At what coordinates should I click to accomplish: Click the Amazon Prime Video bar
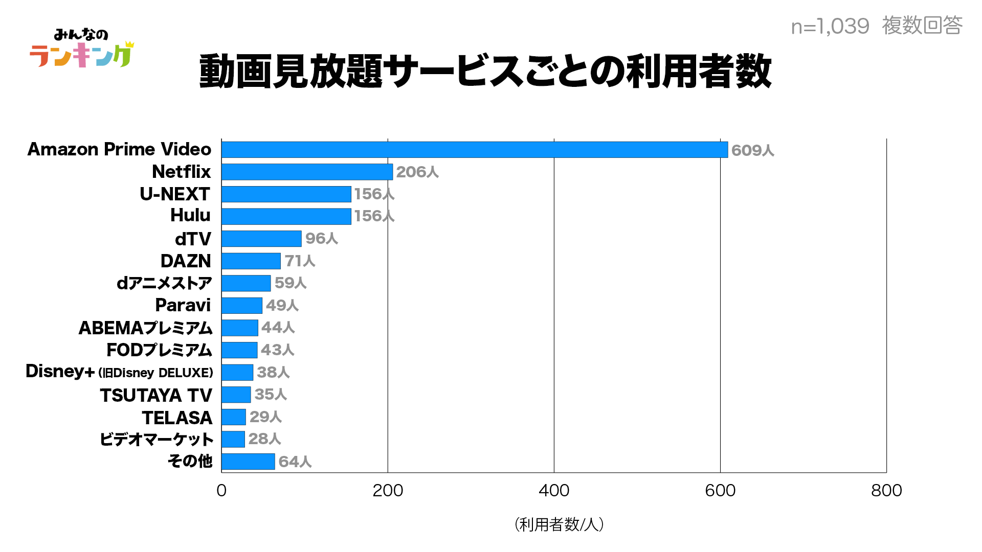pos(474,150)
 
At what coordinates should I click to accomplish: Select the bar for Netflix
pos(307,172)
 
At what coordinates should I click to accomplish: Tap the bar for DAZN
pos(251,261)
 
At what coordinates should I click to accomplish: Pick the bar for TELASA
pos(234,417)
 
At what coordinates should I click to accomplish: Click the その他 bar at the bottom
pos(248,462)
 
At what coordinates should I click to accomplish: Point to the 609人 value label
pos(752,150)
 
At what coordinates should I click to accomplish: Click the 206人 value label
pos(417,172)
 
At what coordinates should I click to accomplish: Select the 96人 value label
pos(322,239)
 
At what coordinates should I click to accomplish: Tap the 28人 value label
pos(265,439)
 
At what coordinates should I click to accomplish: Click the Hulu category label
pos(190,216)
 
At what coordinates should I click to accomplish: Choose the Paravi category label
pos(183,305)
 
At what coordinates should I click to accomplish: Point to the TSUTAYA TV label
pos(156,395)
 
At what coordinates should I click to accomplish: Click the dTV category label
pos(193,239)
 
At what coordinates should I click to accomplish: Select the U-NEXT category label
pos(175,194)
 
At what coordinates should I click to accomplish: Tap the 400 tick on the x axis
pos(554,491)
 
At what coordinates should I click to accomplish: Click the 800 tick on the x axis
pos(886,491)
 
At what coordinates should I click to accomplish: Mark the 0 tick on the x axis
pos(221,491)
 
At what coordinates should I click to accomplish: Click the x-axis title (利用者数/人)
pos(559,524)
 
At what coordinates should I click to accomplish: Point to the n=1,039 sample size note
pos(830,26)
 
